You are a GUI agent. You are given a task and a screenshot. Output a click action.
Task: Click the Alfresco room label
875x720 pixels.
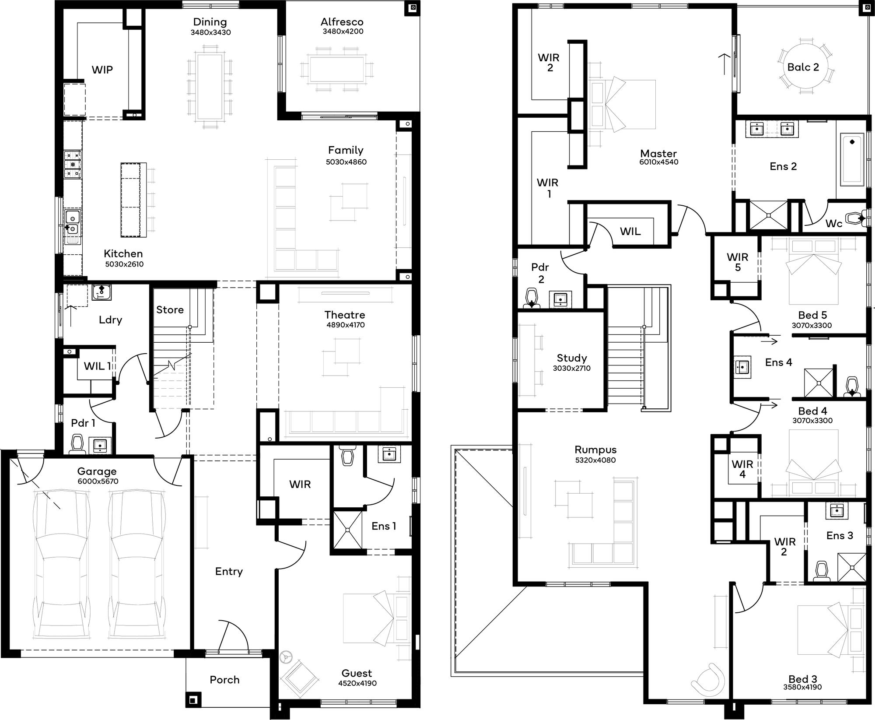[x=342, y=22]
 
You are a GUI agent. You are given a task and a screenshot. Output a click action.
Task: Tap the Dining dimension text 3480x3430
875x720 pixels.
[x=210, y=32]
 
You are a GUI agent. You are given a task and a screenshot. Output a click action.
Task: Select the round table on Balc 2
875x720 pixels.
[x=803, y=67]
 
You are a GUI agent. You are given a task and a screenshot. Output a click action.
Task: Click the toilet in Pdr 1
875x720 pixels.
[x=77, y=444]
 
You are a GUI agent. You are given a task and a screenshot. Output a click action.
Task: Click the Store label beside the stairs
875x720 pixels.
[x=170, y=310]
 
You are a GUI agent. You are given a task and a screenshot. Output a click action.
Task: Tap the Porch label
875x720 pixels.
[x=224, y=680]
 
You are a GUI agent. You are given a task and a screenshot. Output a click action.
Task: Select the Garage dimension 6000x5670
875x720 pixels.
[x=98, y=481]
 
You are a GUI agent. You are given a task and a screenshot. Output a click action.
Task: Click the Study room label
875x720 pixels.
[x=571, y=358]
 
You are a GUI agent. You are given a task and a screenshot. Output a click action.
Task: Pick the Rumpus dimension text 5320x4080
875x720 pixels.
[x=595, y=460]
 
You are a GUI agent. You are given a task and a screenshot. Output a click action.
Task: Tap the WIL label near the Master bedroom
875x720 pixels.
[x=630, y=232]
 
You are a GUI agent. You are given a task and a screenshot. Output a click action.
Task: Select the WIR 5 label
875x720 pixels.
[x=738, y=262]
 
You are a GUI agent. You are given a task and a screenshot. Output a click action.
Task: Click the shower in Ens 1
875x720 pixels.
[x=348, y=530]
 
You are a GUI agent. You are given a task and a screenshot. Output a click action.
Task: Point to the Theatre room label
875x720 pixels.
[x=345, y=315]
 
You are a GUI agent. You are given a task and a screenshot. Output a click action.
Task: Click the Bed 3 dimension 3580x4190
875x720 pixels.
[x=802, y=687]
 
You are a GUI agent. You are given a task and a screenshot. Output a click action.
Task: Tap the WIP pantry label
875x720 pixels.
[x=102, y=70]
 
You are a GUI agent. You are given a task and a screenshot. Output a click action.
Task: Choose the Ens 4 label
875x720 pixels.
[x=778, y=362]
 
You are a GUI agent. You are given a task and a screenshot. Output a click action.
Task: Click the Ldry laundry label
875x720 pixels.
[x=110, y=320]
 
